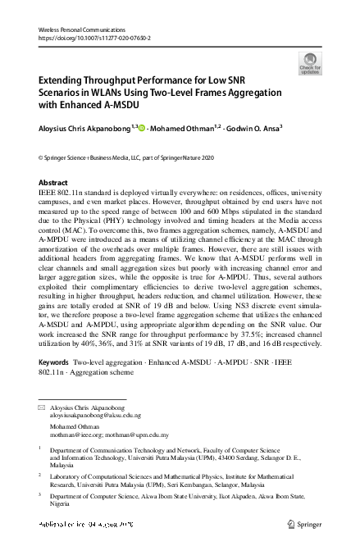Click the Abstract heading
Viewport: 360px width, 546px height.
click(54, 182)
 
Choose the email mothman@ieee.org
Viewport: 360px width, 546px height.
click(71, 435)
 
